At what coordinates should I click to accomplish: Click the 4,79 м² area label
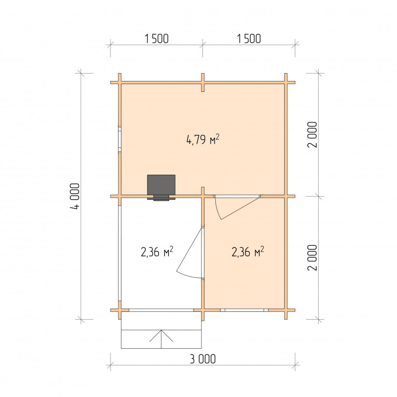click(202, 140)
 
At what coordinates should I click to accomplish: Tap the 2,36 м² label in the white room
click(157, 252)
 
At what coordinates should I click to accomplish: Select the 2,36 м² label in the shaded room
click(248, 252)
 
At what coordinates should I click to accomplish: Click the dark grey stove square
click(161, 185)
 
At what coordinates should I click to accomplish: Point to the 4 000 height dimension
click(75, 196)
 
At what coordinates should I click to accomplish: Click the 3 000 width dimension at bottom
click(203, 359)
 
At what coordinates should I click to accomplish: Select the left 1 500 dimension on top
click(157, 39)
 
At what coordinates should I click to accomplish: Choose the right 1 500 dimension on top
click(249, 39)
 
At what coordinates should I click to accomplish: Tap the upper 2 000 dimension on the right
click(312, 135)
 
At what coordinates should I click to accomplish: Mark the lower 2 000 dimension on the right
click(312, 258)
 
